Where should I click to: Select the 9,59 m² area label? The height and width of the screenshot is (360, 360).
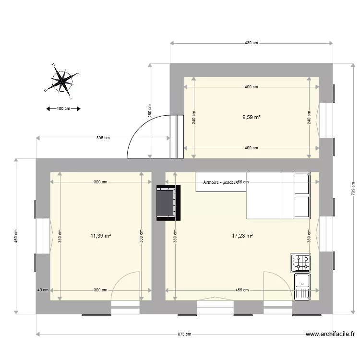[x=252, y=117]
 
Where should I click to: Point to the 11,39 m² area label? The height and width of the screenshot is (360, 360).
[x=101, y=236]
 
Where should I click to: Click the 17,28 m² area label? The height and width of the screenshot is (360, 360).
[x=242, y=236]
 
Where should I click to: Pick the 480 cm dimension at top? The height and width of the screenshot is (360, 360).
[x=252, y=43]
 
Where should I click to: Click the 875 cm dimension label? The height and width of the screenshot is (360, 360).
[x=184, y=334]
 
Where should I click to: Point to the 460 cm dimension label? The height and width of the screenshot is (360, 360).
[x=16, y=236]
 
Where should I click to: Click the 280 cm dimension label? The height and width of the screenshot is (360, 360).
[x=149, y=111]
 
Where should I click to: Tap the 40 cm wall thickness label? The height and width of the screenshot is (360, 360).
[x=43, y=290]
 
